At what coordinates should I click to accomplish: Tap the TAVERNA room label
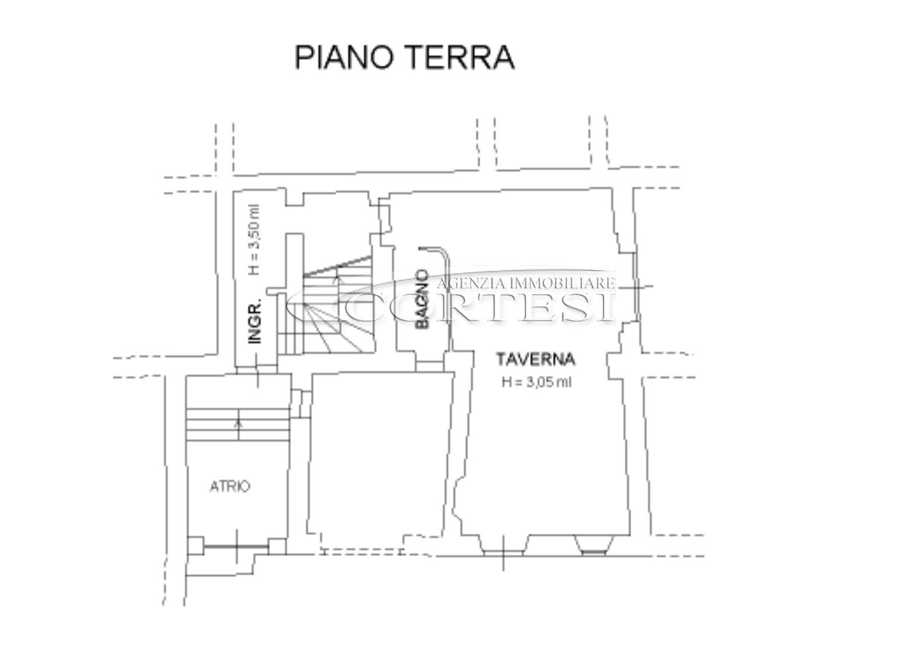(536, 359)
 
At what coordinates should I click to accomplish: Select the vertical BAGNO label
(422, 299)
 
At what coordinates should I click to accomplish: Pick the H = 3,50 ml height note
(254, 240)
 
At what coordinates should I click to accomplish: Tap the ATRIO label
(230, 487)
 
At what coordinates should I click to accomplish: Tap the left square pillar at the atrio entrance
(195, 545)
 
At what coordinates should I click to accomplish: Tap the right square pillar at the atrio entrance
(277, 546)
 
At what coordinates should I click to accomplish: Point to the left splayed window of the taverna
(503, 545)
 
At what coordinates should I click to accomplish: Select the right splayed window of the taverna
(594, 545)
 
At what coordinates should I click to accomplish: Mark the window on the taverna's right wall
(635, 287)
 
